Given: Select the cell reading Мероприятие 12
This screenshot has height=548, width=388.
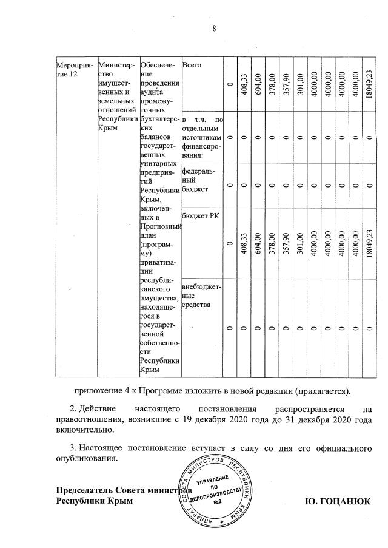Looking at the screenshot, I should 71,69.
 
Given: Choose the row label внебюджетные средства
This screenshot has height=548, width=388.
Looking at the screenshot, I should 201,295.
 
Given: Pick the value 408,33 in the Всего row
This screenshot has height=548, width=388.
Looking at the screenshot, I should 244,84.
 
